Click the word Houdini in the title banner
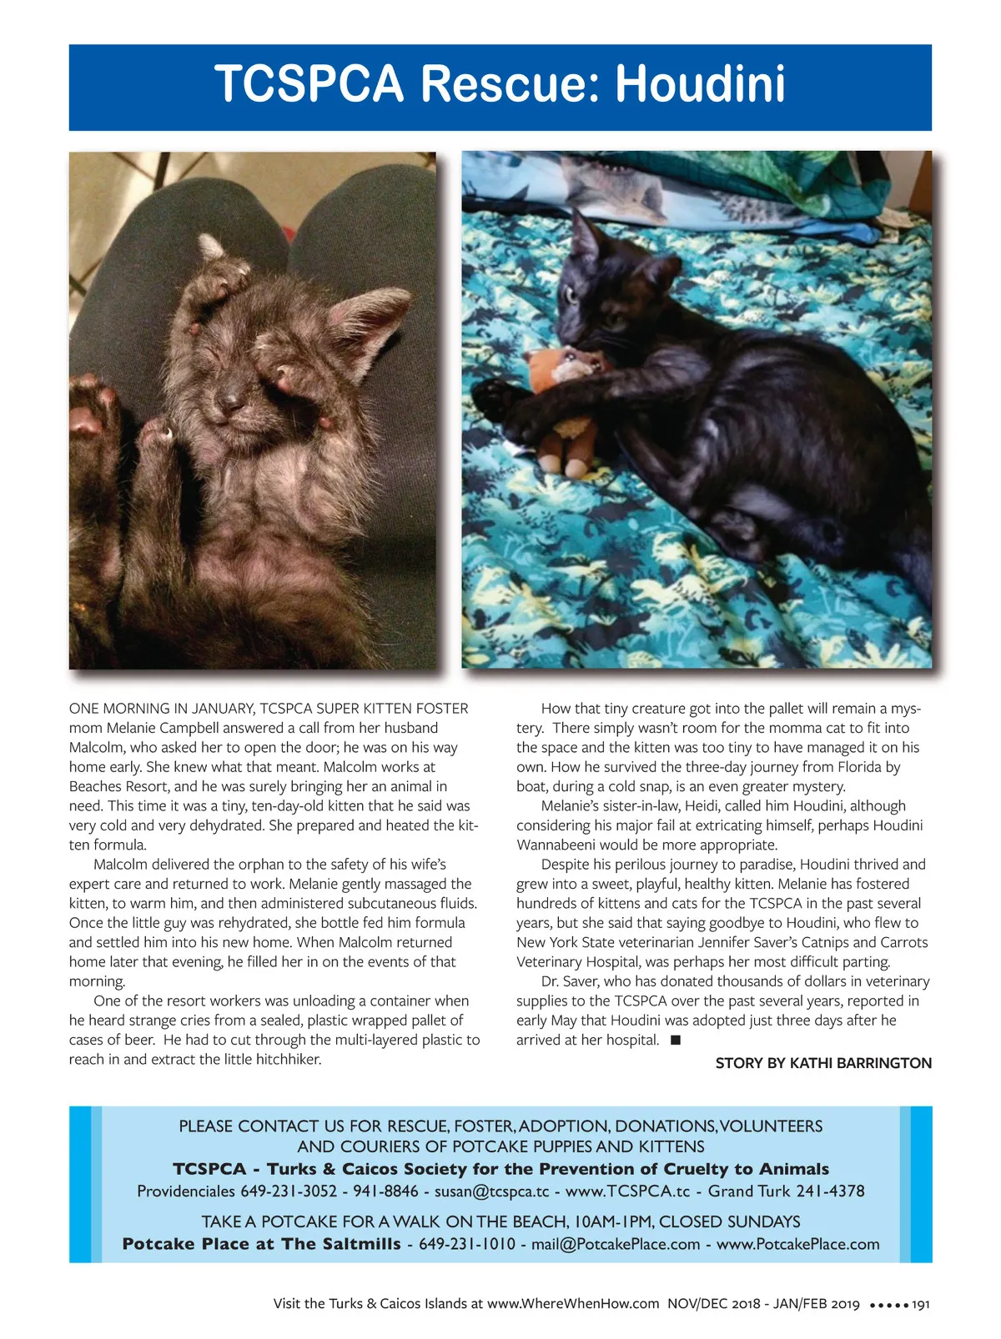(700, 84)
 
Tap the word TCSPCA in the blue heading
(309, 84)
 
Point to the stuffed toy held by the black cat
(566, 400)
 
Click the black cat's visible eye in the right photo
(571, 294)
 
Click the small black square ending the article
(676, 1040)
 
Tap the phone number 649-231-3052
(289, 1191)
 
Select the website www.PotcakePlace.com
(797, 1244)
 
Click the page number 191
(921, 1304)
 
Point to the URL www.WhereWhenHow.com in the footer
(573, 1304)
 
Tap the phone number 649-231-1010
(466, 1244)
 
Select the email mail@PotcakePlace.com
(616, 1244)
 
